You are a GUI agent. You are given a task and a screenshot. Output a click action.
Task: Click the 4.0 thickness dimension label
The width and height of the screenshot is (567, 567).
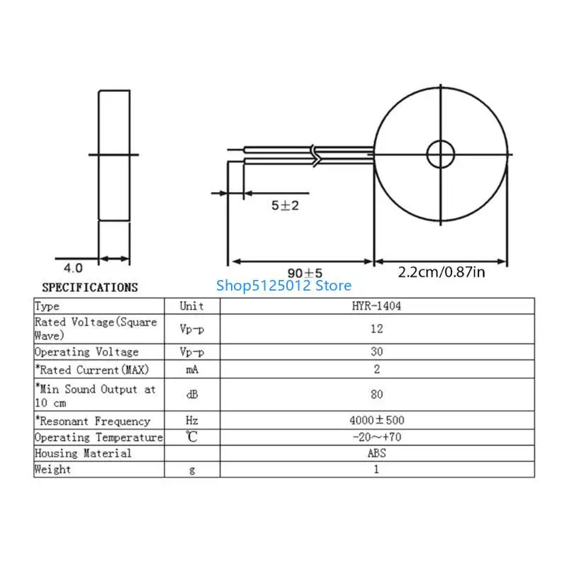pyautogui.click(x=73, y=268)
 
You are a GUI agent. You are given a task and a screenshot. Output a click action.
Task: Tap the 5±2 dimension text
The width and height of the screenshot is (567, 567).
pyautogui.click(x=286, y=206)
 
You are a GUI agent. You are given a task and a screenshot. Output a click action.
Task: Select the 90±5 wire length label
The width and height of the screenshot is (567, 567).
pyautogui.click(x=305, y=273)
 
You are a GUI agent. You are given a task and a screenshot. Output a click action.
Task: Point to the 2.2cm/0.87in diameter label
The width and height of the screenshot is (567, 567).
pyautogui.click(x=442, y=272)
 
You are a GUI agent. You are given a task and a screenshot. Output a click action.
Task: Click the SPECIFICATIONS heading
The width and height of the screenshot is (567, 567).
pyautogui.click(x=90, y=288)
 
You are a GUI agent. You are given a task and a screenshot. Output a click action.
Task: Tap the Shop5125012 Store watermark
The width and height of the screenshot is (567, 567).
pyautogui.click(x=284, y=286)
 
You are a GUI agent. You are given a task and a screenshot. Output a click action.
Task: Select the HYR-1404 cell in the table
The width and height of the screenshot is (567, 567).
pyautogui.click(x=376, y=306)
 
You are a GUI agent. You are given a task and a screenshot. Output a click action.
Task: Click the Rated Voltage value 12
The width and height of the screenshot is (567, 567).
pyautogui.click(x=376, y=329)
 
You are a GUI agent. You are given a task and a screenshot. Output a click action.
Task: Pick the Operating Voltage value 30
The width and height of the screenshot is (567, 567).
pyautogui.click(x=376, y=352)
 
